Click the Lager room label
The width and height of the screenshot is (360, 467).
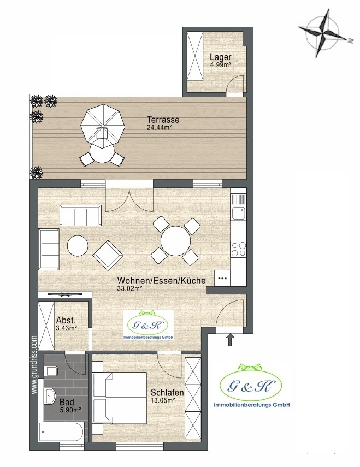[x=221, y=57]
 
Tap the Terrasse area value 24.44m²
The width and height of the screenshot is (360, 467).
[x=160, y=127]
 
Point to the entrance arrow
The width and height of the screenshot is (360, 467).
[x=230, y=339]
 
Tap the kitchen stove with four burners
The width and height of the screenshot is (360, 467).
[x=239, y=249]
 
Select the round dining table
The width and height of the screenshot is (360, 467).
[x=176, y=241]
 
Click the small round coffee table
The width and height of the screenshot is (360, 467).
[x=78, y=246]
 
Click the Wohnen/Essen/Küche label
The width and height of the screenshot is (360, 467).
[x=161, y=281]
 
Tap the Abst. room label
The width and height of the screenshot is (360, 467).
[x=66, y=321]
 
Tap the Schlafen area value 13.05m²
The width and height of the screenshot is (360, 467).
[x=163, y=400]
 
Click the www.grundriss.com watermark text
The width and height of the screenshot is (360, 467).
[x=34, y=365]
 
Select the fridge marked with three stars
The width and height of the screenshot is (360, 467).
[x=222, y=279]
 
